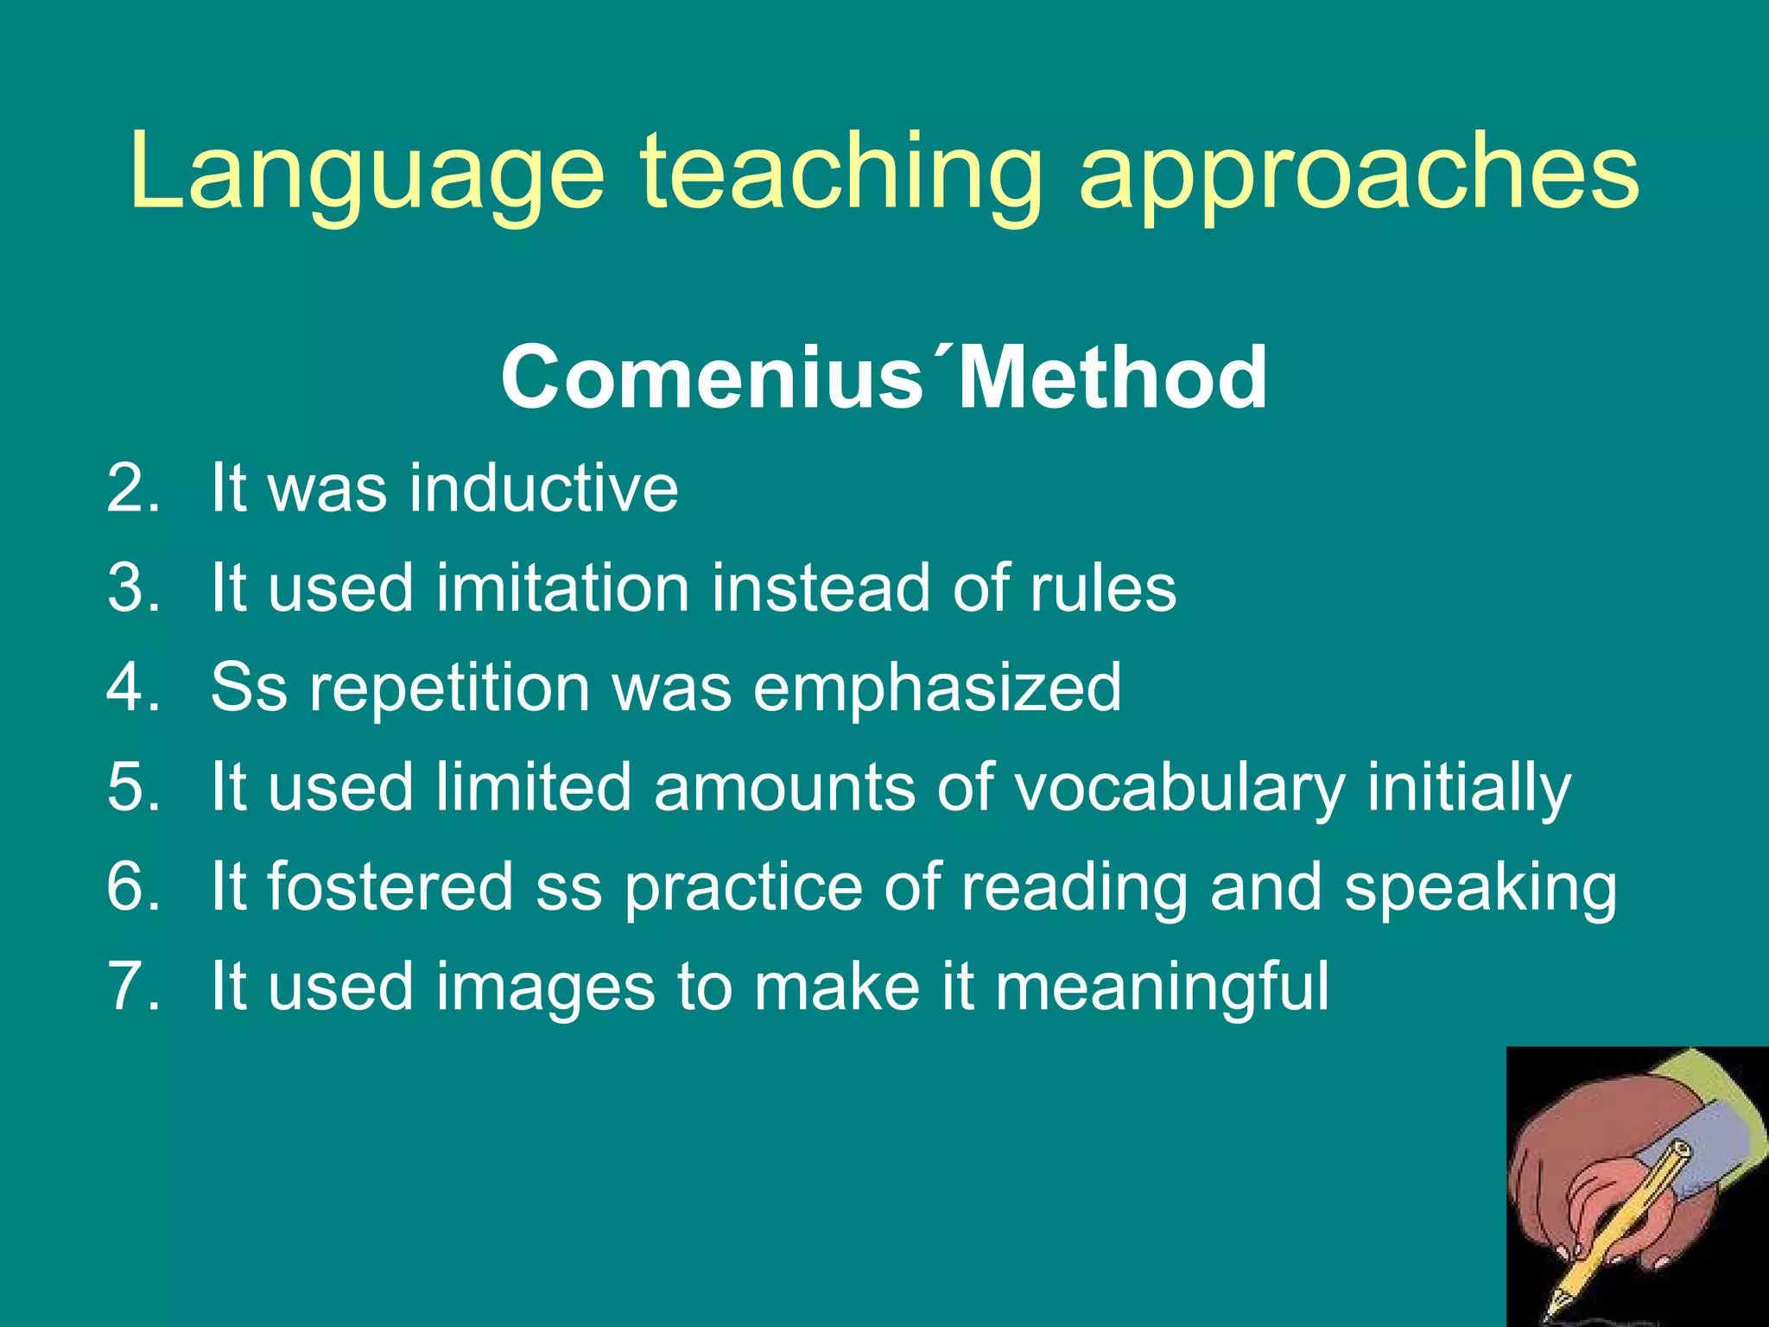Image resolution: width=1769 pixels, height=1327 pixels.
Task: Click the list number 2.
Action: (x=134, y=489)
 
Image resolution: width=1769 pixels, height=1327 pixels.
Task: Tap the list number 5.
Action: (x=134, y=788)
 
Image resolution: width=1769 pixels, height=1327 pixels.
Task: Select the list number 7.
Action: (x=134, y=987)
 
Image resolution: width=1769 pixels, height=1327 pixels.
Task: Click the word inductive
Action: (x=544, y=489)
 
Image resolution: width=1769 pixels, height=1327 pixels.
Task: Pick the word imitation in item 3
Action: (x=562, y=588)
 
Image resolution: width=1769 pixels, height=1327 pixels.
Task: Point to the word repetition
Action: (x=449, y=689)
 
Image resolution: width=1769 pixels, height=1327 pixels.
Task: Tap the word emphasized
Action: (x=937, y=689)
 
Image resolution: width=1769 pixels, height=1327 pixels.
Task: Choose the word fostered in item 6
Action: (x=390, y=887)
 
